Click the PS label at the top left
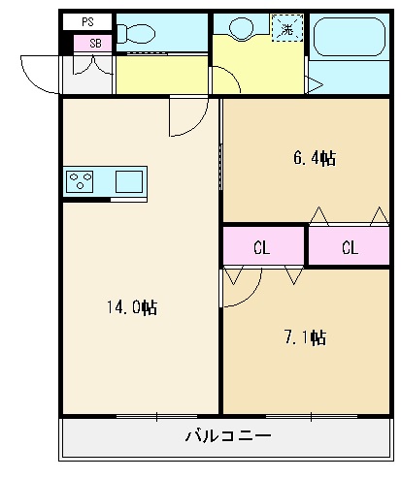pyautogui.click(x=87, y=20)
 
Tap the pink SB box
pyautogui.click(x=94, y=43)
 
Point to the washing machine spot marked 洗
pyautogui.click(x=286, y=28)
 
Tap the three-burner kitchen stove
pyautogui.click(x=81, y=181)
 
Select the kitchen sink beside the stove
pyautogui.click(x=128, y=181)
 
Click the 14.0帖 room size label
pyautogui.click(x=132, y=308)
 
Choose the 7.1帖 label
pyautogui.click(x=304, y=337)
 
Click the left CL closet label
pyautogui.click(x=261, y=247)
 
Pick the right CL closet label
pyautogui.click(x=349, y=247)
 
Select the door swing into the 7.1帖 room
pyautogui.click(x=242, y=287)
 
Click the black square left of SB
pyautogui.click(x=66, y=44)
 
